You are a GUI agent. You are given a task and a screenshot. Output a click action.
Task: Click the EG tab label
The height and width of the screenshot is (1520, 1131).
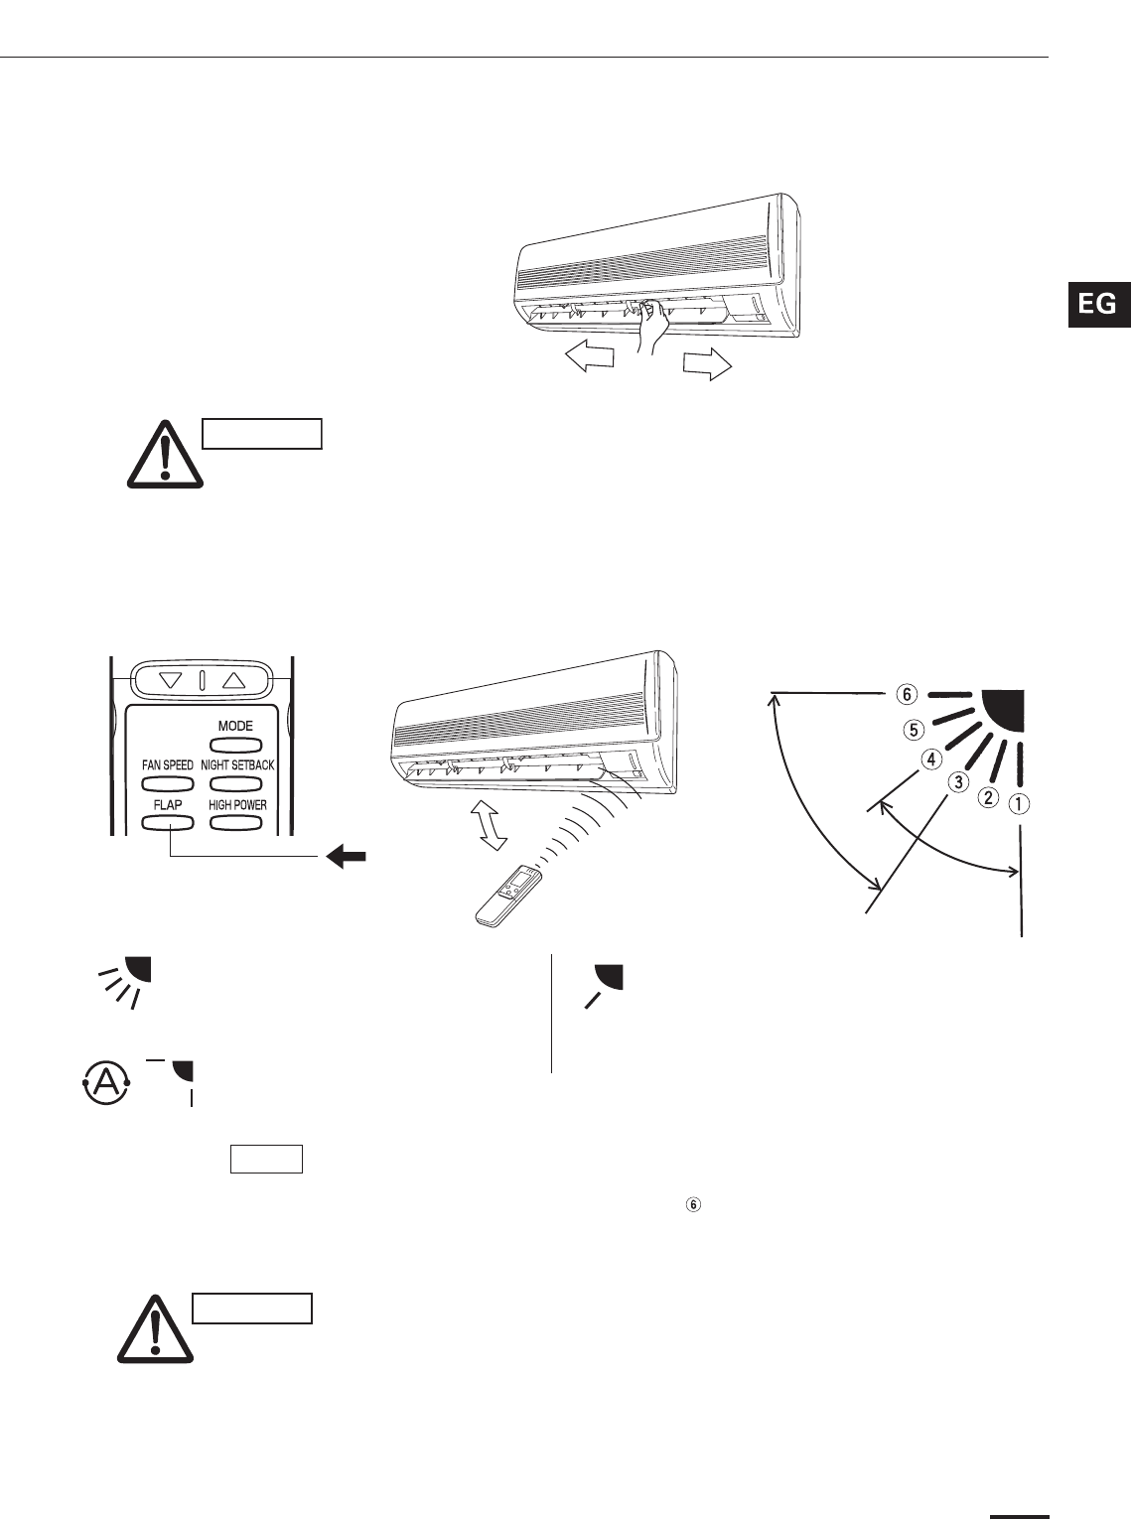tap(1097, 304)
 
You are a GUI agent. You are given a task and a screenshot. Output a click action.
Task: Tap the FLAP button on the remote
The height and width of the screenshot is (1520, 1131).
tap(168, 822)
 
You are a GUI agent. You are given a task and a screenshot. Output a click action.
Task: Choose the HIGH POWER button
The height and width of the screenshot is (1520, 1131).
tap(237, 822)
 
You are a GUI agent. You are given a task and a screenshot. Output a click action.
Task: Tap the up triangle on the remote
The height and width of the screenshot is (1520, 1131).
tap(233, 681)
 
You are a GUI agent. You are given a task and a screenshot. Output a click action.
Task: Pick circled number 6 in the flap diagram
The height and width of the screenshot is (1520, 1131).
tap(908, 693)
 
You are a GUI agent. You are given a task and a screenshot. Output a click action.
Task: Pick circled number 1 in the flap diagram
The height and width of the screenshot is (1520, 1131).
tap(1019, 805)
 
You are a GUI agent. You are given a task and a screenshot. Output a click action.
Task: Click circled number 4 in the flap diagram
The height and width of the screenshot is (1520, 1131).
tap(929, 760)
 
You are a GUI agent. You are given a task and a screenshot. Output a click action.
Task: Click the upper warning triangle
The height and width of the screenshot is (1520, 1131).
tap(165, 454)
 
